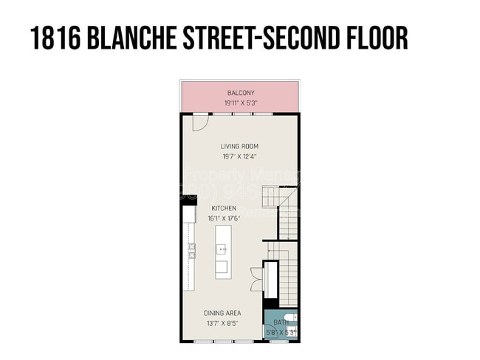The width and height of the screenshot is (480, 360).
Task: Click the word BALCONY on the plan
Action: pos(241,93)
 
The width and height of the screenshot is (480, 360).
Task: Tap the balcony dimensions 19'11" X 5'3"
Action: pos(241,103)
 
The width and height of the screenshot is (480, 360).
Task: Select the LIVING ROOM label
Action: pos(239,146)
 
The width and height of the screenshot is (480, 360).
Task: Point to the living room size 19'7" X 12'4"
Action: pos(239,156)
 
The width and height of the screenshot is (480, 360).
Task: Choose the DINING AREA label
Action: pos(222,314)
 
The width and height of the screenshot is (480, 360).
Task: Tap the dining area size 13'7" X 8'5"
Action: pos(222,323)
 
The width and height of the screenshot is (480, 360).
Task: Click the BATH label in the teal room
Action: pos(281,323)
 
